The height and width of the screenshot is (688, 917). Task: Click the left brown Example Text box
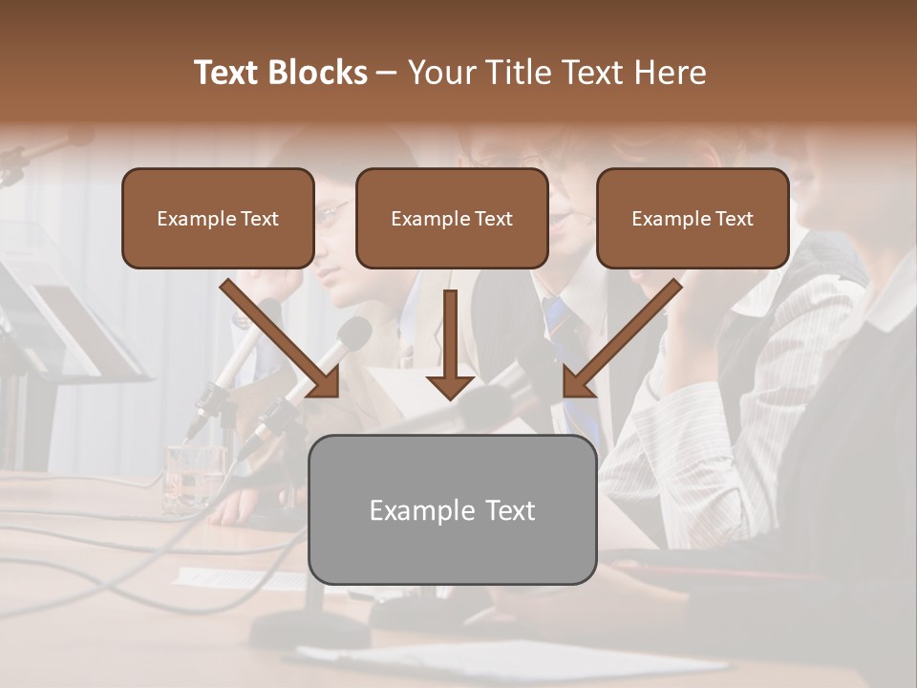click(x=218, y=218)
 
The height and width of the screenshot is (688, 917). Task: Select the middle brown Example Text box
click(x=452, y=218)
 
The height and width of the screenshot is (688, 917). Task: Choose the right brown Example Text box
click(x=693, y=218)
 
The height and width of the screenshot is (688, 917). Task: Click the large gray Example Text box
click(x=452, y=509)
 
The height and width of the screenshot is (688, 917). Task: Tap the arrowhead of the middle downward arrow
click(x=450, y=387)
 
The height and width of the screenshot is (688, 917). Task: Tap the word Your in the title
click(x=441, y=73)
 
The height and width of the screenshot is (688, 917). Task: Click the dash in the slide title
click(x=387, y=73)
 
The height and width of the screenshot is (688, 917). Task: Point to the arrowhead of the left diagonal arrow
click(x=325, y=382)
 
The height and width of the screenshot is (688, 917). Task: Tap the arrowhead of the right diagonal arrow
click(x=577, y=382)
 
